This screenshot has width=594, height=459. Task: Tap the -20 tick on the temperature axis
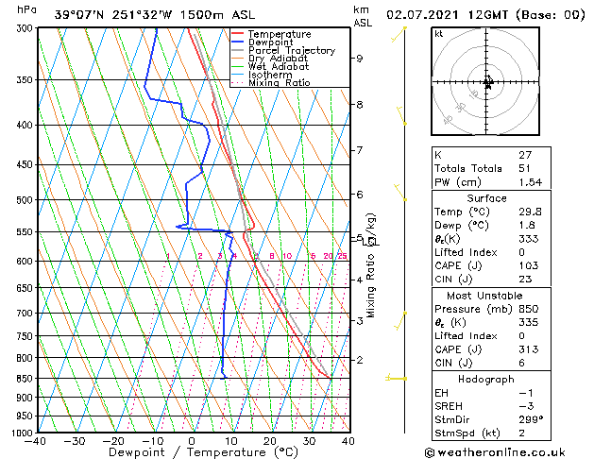(112, 441)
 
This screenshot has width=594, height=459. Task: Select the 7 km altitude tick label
(359, 150)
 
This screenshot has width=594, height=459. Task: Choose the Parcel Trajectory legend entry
(291, 51)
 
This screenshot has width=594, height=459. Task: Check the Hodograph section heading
(487, 379)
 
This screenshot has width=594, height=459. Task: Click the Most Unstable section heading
(487, 295)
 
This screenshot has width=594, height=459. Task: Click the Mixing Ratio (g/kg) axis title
(372, 265)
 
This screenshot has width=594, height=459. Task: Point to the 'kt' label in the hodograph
(438, 33)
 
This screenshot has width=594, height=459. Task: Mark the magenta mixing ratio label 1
(168, 256)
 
